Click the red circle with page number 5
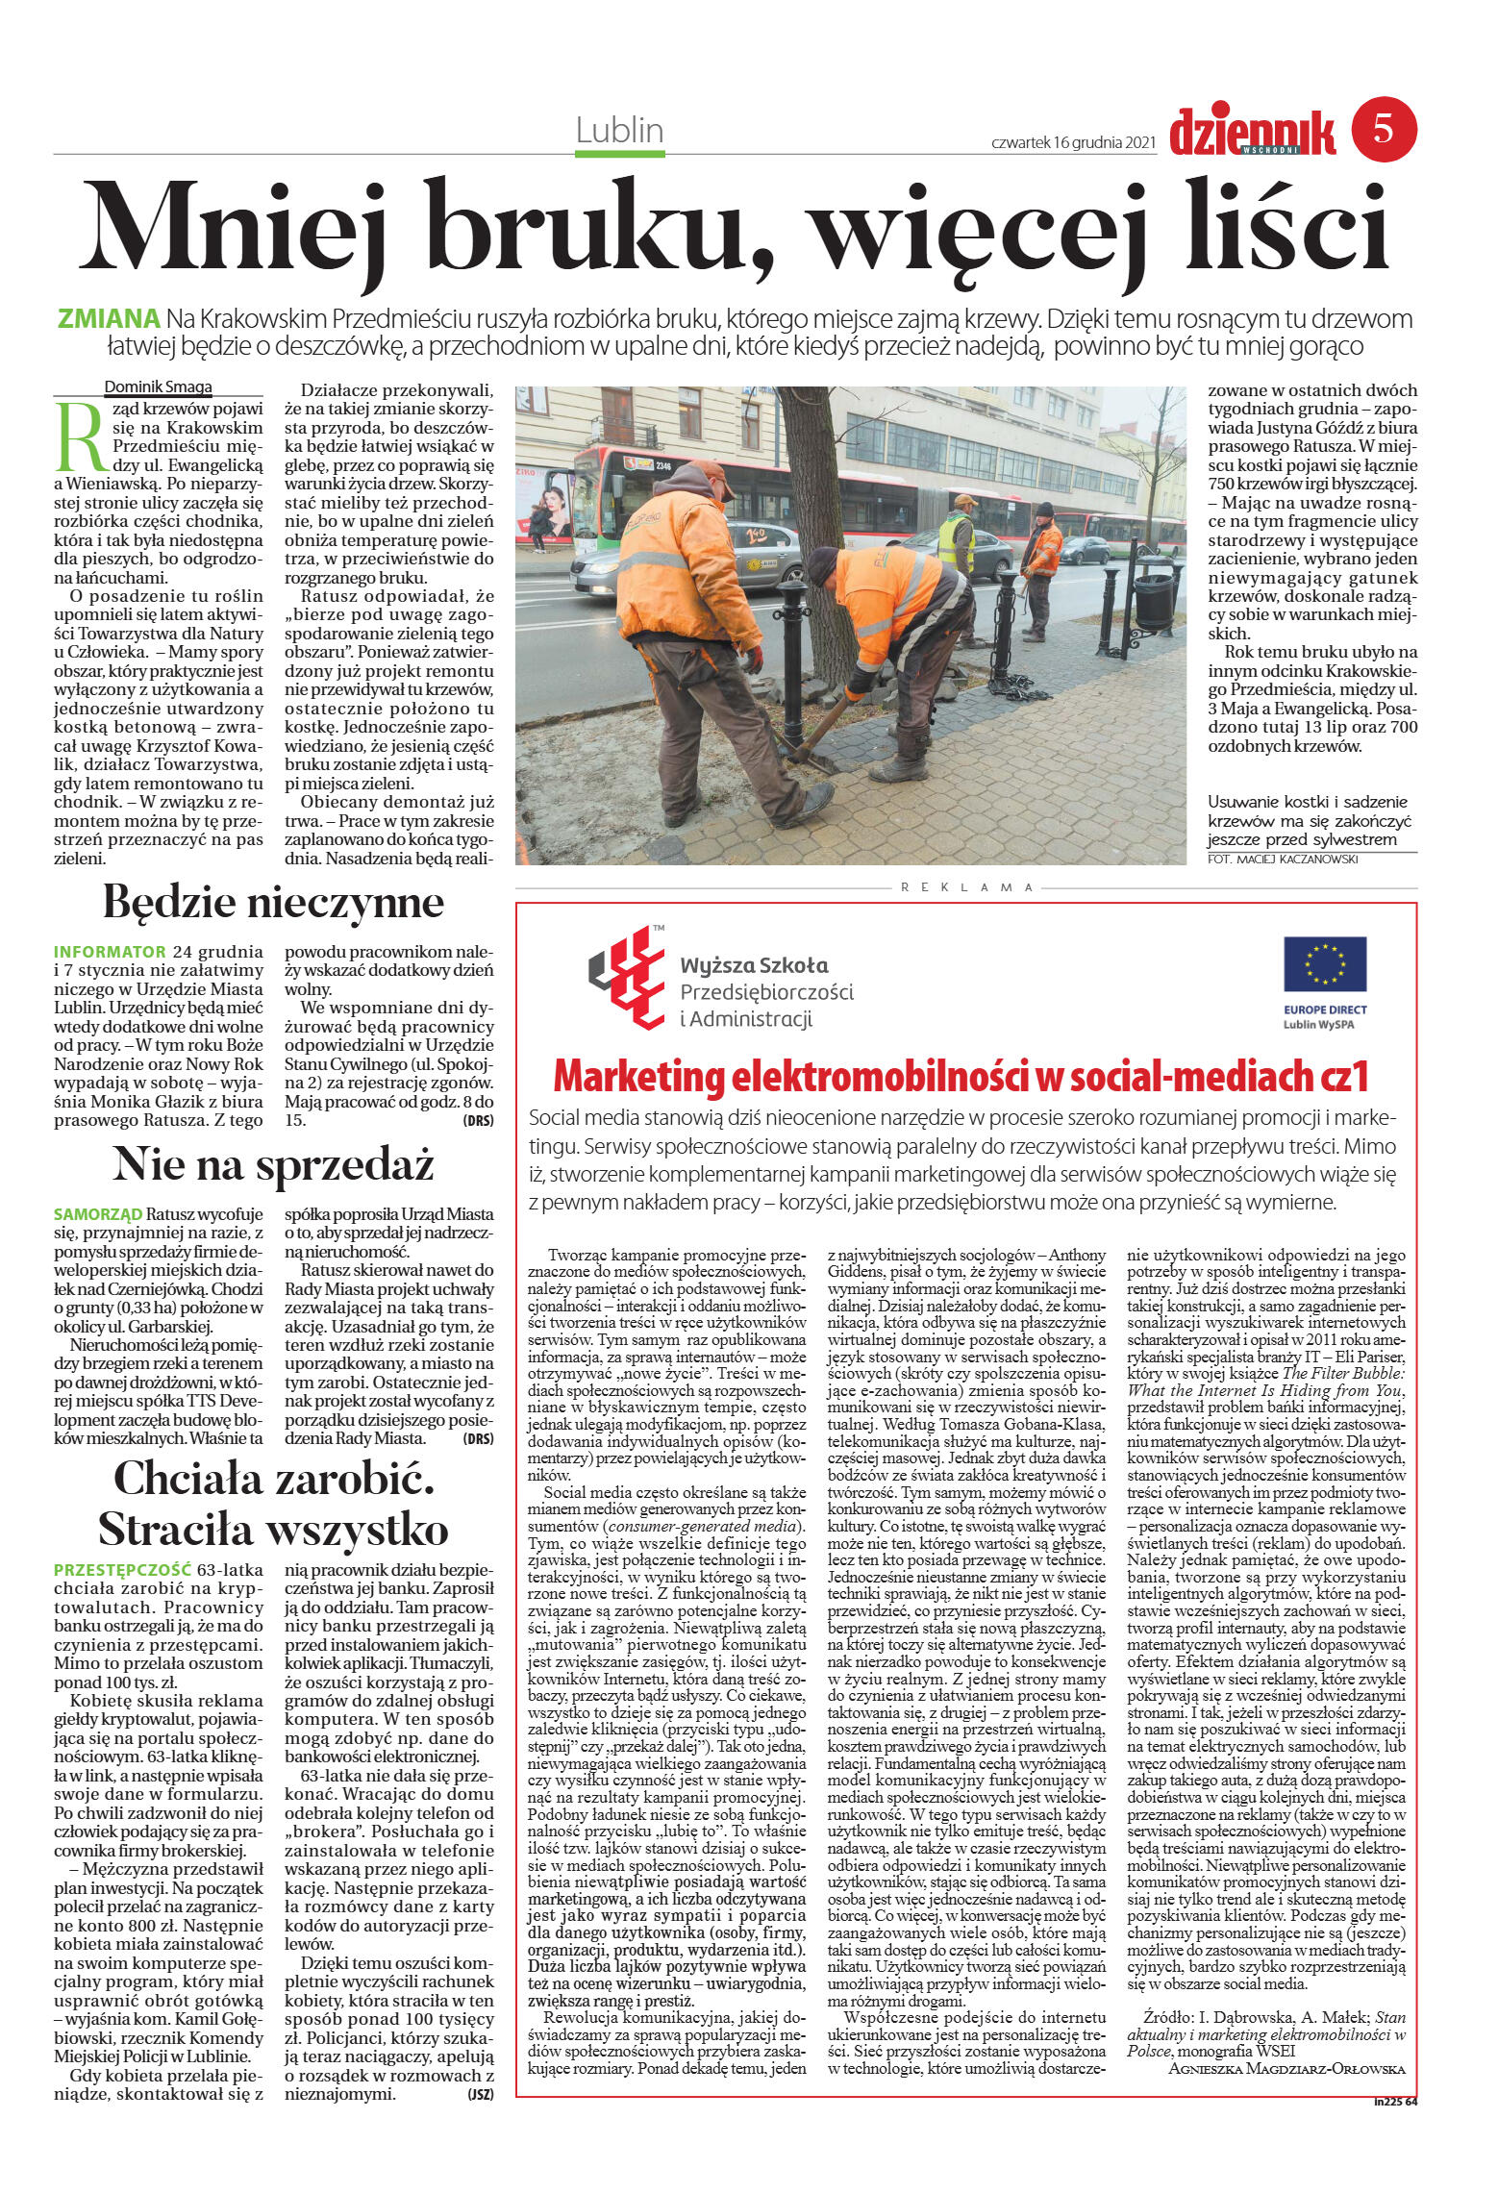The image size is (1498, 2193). [1384, 129]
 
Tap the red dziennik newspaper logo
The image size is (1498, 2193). [1252, 133]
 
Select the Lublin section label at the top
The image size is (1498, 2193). [619, 131]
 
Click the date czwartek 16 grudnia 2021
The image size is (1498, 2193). [1072, 142]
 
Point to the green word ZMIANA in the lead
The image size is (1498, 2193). [109, 319]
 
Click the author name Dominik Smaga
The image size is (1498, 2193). [158, 387]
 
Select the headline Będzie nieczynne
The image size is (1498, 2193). [273, 903]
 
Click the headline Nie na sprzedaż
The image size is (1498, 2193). [273, 1165]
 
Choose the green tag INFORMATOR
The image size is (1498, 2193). [110, 952]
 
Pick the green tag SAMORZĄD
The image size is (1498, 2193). [98, 1214]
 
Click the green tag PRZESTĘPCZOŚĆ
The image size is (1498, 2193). [122, 1570]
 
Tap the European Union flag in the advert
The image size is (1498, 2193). [1324, 963]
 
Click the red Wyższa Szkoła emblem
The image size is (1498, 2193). [627, 977]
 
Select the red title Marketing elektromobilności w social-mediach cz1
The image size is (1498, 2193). [960, 1077]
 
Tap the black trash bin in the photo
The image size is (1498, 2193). [1153, 598]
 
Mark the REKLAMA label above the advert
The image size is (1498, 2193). [966, 887]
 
